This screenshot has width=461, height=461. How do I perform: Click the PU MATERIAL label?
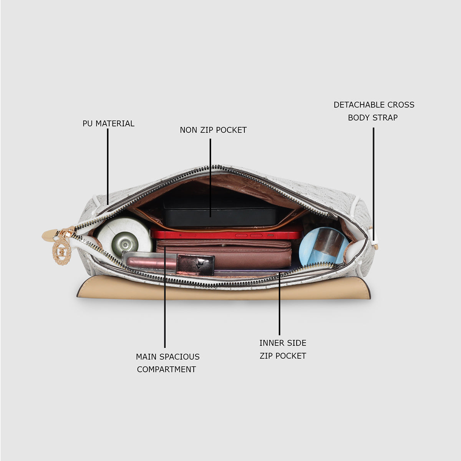(x=108, y=123)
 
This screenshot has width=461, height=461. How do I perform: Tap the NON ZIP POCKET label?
(x=213, y=130)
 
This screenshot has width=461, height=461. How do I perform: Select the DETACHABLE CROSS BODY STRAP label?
(x=374, y=111)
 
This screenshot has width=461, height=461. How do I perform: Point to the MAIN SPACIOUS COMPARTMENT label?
(x=167, y=363)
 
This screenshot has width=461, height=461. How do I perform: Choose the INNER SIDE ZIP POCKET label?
(x=283, y=349)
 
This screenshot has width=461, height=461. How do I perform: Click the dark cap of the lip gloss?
(x=196, y=265)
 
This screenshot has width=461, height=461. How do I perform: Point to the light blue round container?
(x=324, y=246)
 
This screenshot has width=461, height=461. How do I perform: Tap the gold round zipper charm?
(x=62, y=251)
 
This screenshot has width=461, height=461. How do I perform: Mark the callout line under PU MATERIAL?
(x=108, y=167)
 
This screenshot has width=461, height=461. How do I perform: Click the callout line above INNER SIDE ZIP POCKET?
(x=279, y=303)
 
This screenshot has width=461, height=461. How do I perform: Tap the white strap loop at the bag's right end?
(x=373, y=239)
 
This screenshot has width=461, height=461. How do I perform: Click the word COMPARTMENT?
(x=166, y=369)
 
